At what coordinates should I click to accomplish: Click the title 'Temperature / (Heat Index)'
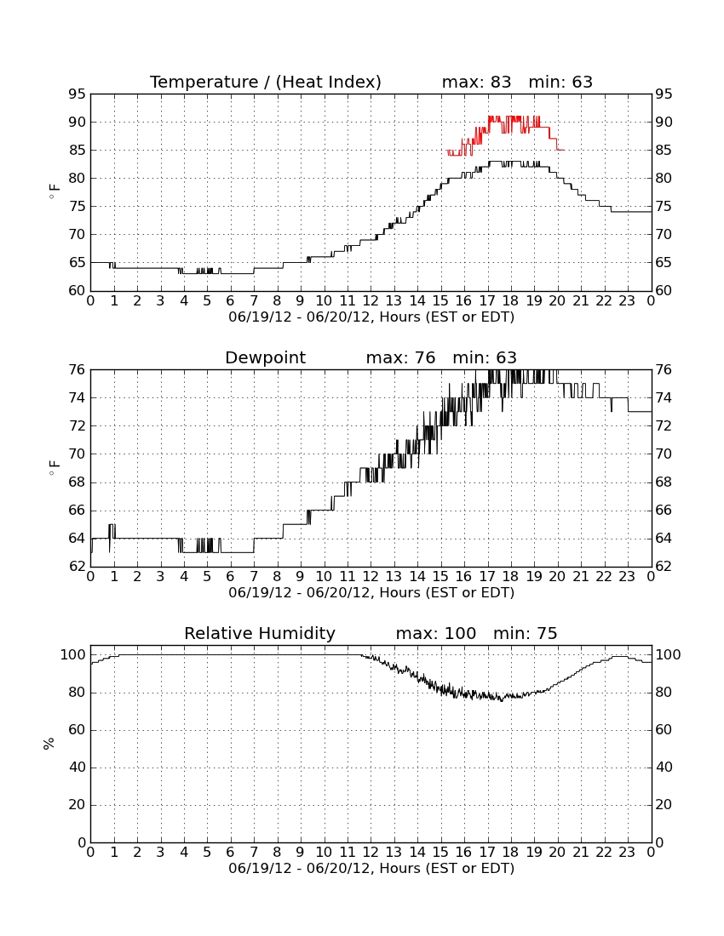click(265, 83)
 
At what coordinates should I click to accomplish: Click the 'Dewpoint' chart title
click(265, 358)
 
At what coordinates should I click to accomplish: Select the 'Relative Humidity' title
click(260, 634)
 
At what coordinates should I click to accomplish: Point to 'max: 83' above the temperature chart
click(477, 83)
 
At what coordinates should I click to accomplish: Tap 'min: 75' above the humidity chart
click(525, 633)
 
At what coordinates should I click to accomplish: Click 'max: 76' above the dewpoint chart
click(401, 358)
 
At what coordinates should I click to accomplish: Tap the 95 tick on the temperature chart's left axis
click(77, 94)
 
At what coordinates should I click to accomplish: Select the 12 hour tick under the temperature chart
click(371, 301)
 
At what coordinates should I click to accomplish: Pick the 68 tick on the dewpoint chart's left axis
click(77, 482)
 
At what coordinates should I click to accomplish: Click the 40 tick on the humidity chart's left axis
click(77, 768)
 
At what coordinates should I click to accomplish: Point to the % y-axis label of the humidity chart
click(49, 744)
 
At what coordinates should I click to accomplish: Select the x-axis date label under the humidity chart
click(371, 869)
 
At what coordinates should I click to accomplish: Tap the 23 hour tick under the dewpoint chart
click(627, 577)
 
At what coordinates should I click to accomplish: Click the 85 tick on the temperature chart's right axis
click(664, 151)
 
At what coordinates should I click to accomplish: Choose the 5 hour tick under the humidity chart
click(207, 853)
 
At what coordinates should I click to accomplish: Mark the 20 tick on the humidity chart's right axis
click(664, 805)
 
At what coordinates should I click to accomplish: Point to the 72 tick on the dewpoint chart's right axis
click(664, 426)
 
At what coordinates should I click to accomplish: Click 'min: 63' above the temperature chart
click(560, 83)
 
